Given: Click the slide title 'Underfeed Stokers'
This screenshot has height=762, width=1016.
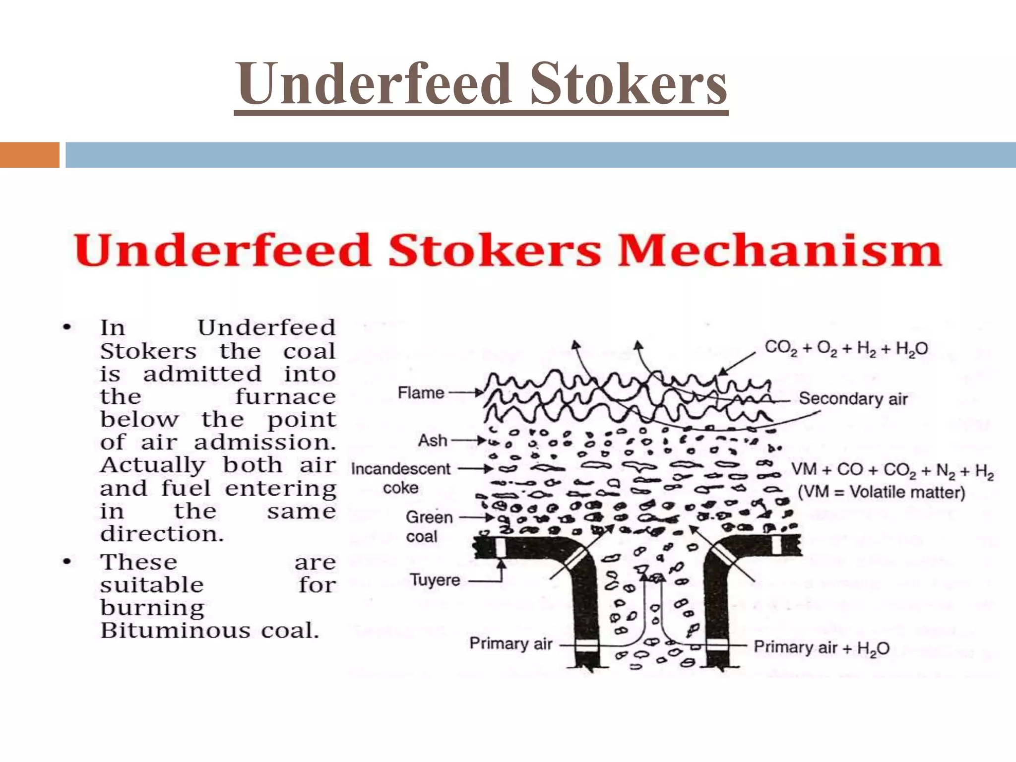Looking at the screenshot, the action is (481, 84).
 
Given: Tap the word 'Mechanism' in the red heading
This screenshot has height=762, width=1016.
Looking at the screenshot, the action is (780, 250).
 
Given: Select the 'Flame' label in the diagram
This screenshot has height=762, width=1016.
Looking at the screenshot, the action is (421, 393).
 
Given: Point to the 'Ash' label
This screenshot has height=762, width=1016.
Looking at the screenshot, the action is (433, 440).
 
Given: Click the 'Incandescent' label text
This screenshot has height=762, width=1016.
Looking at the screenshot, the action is (401, 469).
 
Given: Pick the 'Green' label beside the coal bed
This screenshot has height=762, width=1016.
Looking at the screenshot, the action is (429, 517).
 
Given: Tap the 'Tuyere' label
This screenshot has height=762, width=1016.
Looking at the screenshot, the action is (435, 580).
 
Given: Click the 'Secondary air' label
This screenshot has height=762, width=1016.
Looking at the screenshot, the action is (853, 398).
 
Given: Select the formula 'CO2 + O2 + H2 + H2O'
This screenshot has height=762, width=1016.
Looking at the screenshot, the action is (846, 349).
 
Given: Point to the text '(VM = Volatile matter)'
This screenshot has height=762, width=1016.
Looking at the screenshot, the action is (882, 492).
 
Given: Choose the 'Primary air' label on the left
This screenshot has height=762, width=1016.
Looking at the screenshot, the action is (511, 643).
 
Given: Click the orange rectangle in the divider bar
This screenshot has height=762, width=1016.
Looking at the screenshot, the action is (29, 155).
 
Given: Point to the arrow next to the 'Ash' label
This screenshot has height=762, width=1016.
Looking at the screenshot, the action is (469, 440).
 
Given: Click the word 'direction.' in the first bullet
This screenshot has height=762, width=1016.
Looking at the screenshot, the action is (162, 534).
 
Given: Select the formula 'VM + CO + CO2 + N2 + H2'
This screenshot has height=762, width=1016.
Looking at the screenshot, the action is (892, 470).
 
